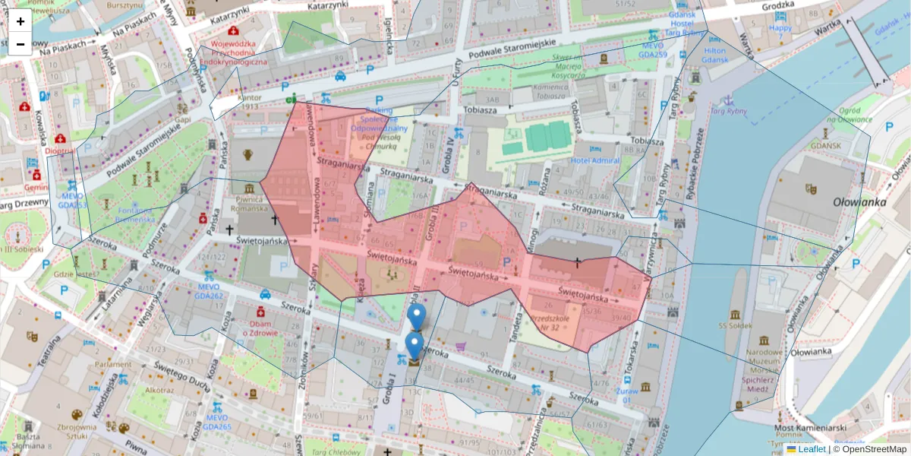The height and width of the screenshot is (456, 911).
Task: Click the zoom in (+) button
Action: (x=20, y=21)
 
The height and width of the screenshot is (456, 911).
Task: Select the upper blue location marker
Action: (x=415, y=315)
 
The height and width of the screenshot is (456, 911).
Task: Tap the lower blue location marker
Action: (x=414, y=344)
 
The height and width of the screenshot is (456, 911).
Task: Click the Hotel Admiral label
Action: (x=595, y=160)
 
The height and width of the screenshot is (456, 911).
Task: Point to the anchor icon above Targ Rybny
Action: (x=728, y=100)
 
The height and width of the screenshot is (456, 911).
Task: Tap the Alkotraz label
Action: (x=160, y=389)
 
